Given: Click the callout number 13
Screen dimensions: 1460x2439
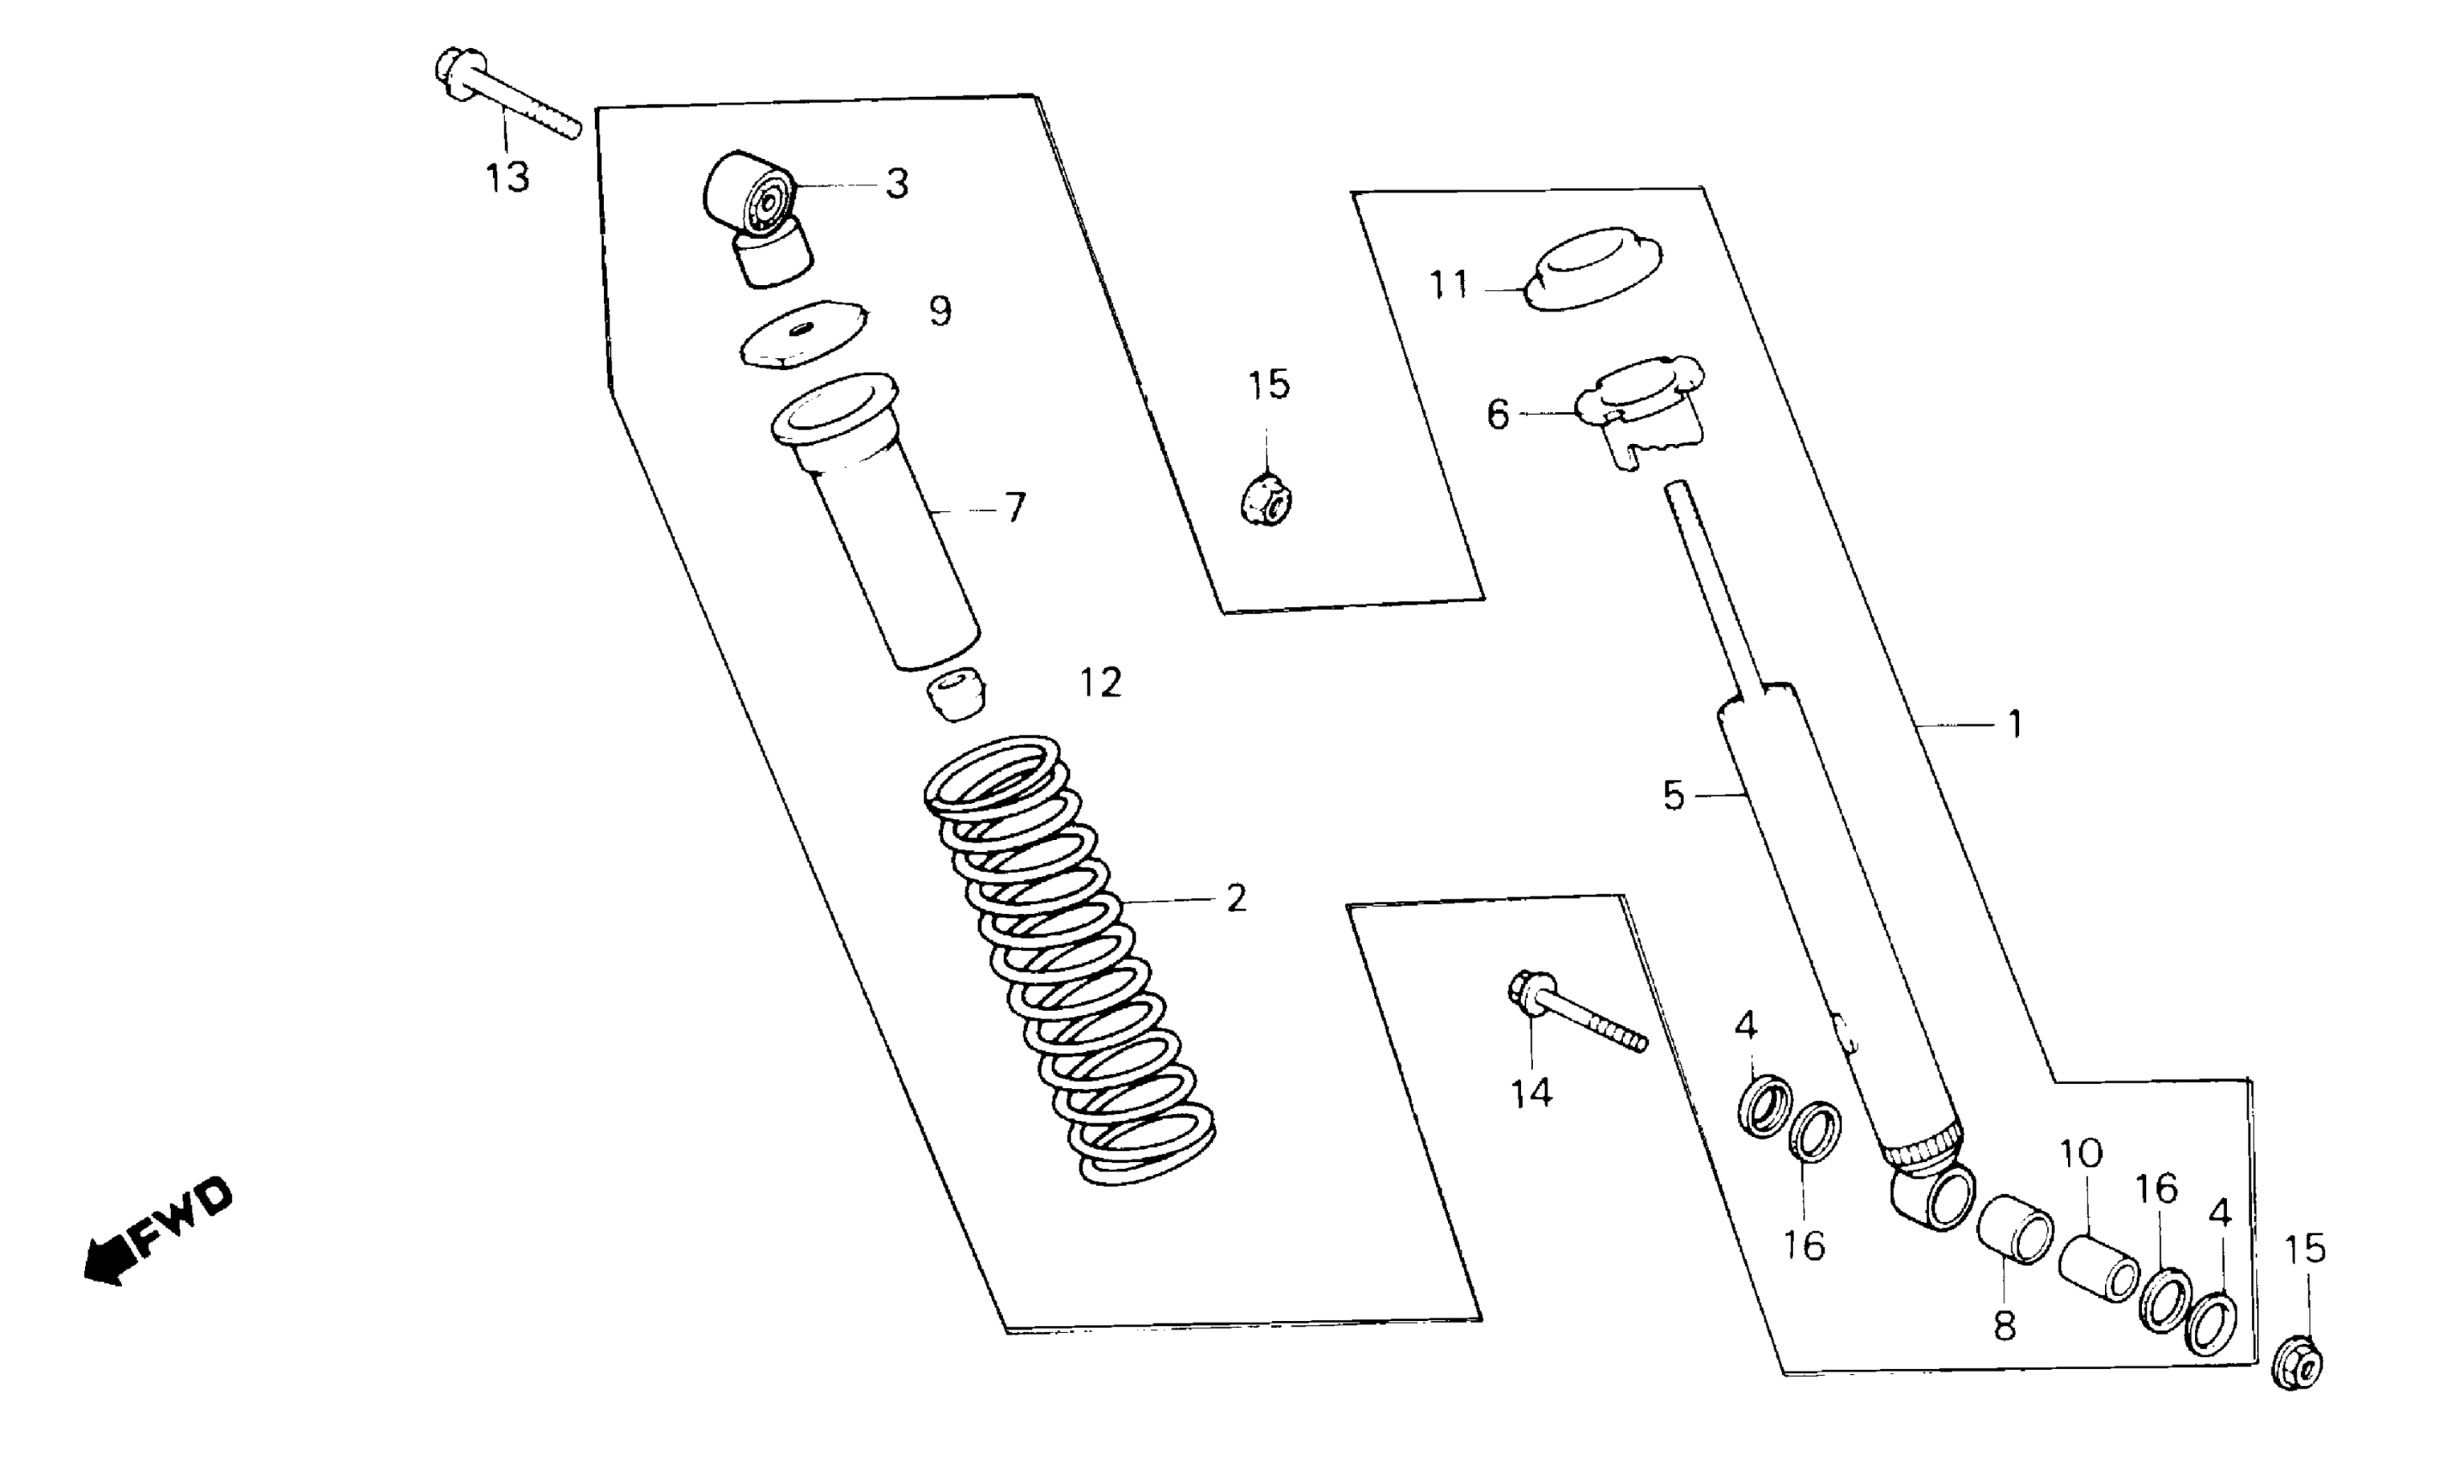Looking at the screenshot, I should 508,178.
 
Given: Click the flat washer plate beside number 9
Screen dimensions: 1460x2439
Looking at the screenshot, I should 806,333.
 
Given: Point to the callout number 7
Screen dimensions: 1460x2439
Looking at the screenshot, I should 1015,508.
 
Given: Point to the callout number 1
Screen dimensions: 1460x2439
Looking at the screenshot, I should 2014,725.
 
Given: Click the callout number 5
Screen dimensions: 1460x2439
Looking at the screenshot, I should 1674,795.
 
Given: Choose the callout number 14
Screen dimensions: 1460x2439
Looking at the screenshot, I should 1532,1093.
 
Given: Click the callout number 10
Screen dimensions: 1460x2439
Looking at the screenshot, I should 2080,1153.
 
